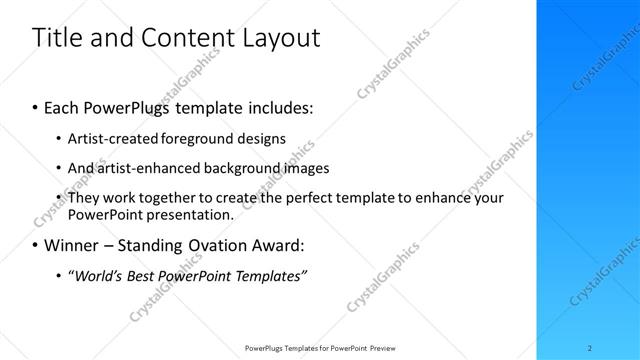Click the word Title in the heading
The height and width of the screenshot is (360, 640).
[x=56, y=38]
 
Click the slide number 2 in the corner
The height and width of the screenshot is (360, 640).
[x=591, y=347]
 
